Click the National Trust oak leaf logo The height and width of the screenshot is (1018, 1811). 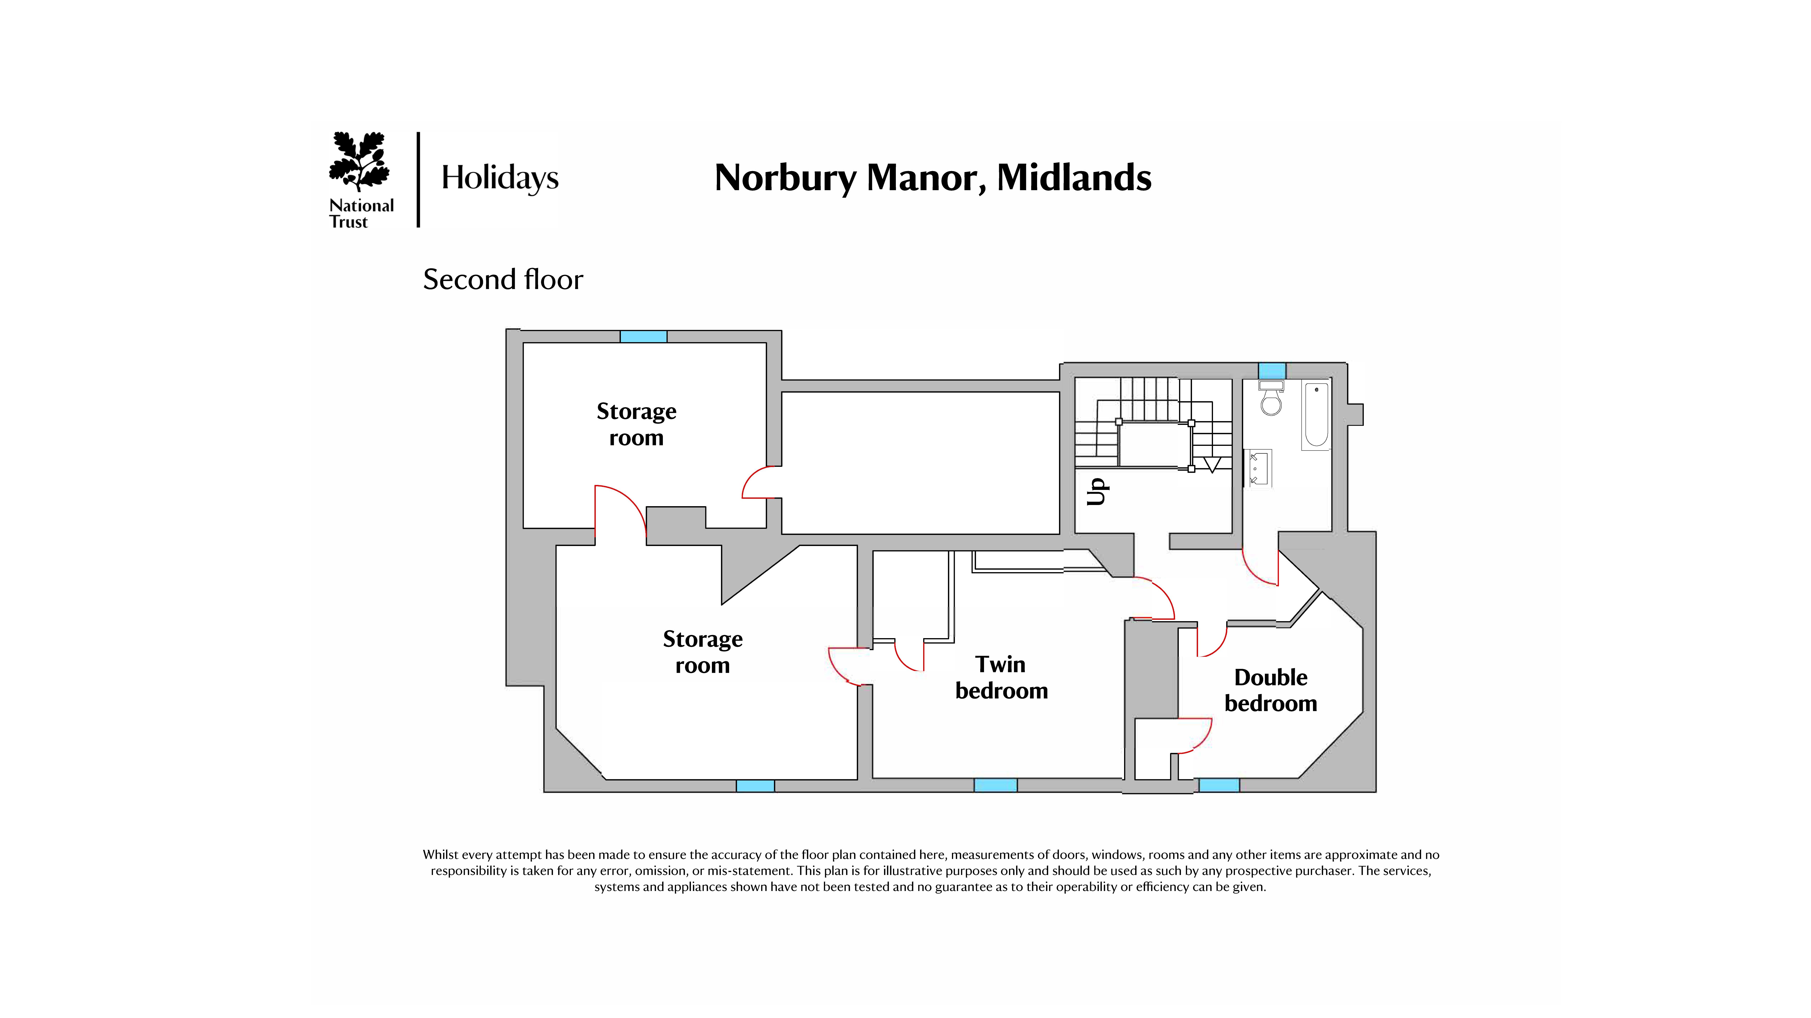(359, 162)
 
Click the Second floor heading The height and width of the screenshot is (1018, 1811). (503, 280)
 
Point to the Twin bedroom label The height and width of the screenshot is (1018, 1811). (1001, 678)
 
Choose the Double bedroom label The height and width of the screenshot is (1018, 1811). (1270, 691)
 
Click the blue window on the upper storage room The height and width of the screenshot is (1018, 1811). (643, 337)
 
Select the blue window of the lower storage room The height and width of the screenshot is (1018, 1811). (755, 786)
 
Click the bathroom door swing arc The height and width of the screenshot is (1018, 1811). (1259, 568)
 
